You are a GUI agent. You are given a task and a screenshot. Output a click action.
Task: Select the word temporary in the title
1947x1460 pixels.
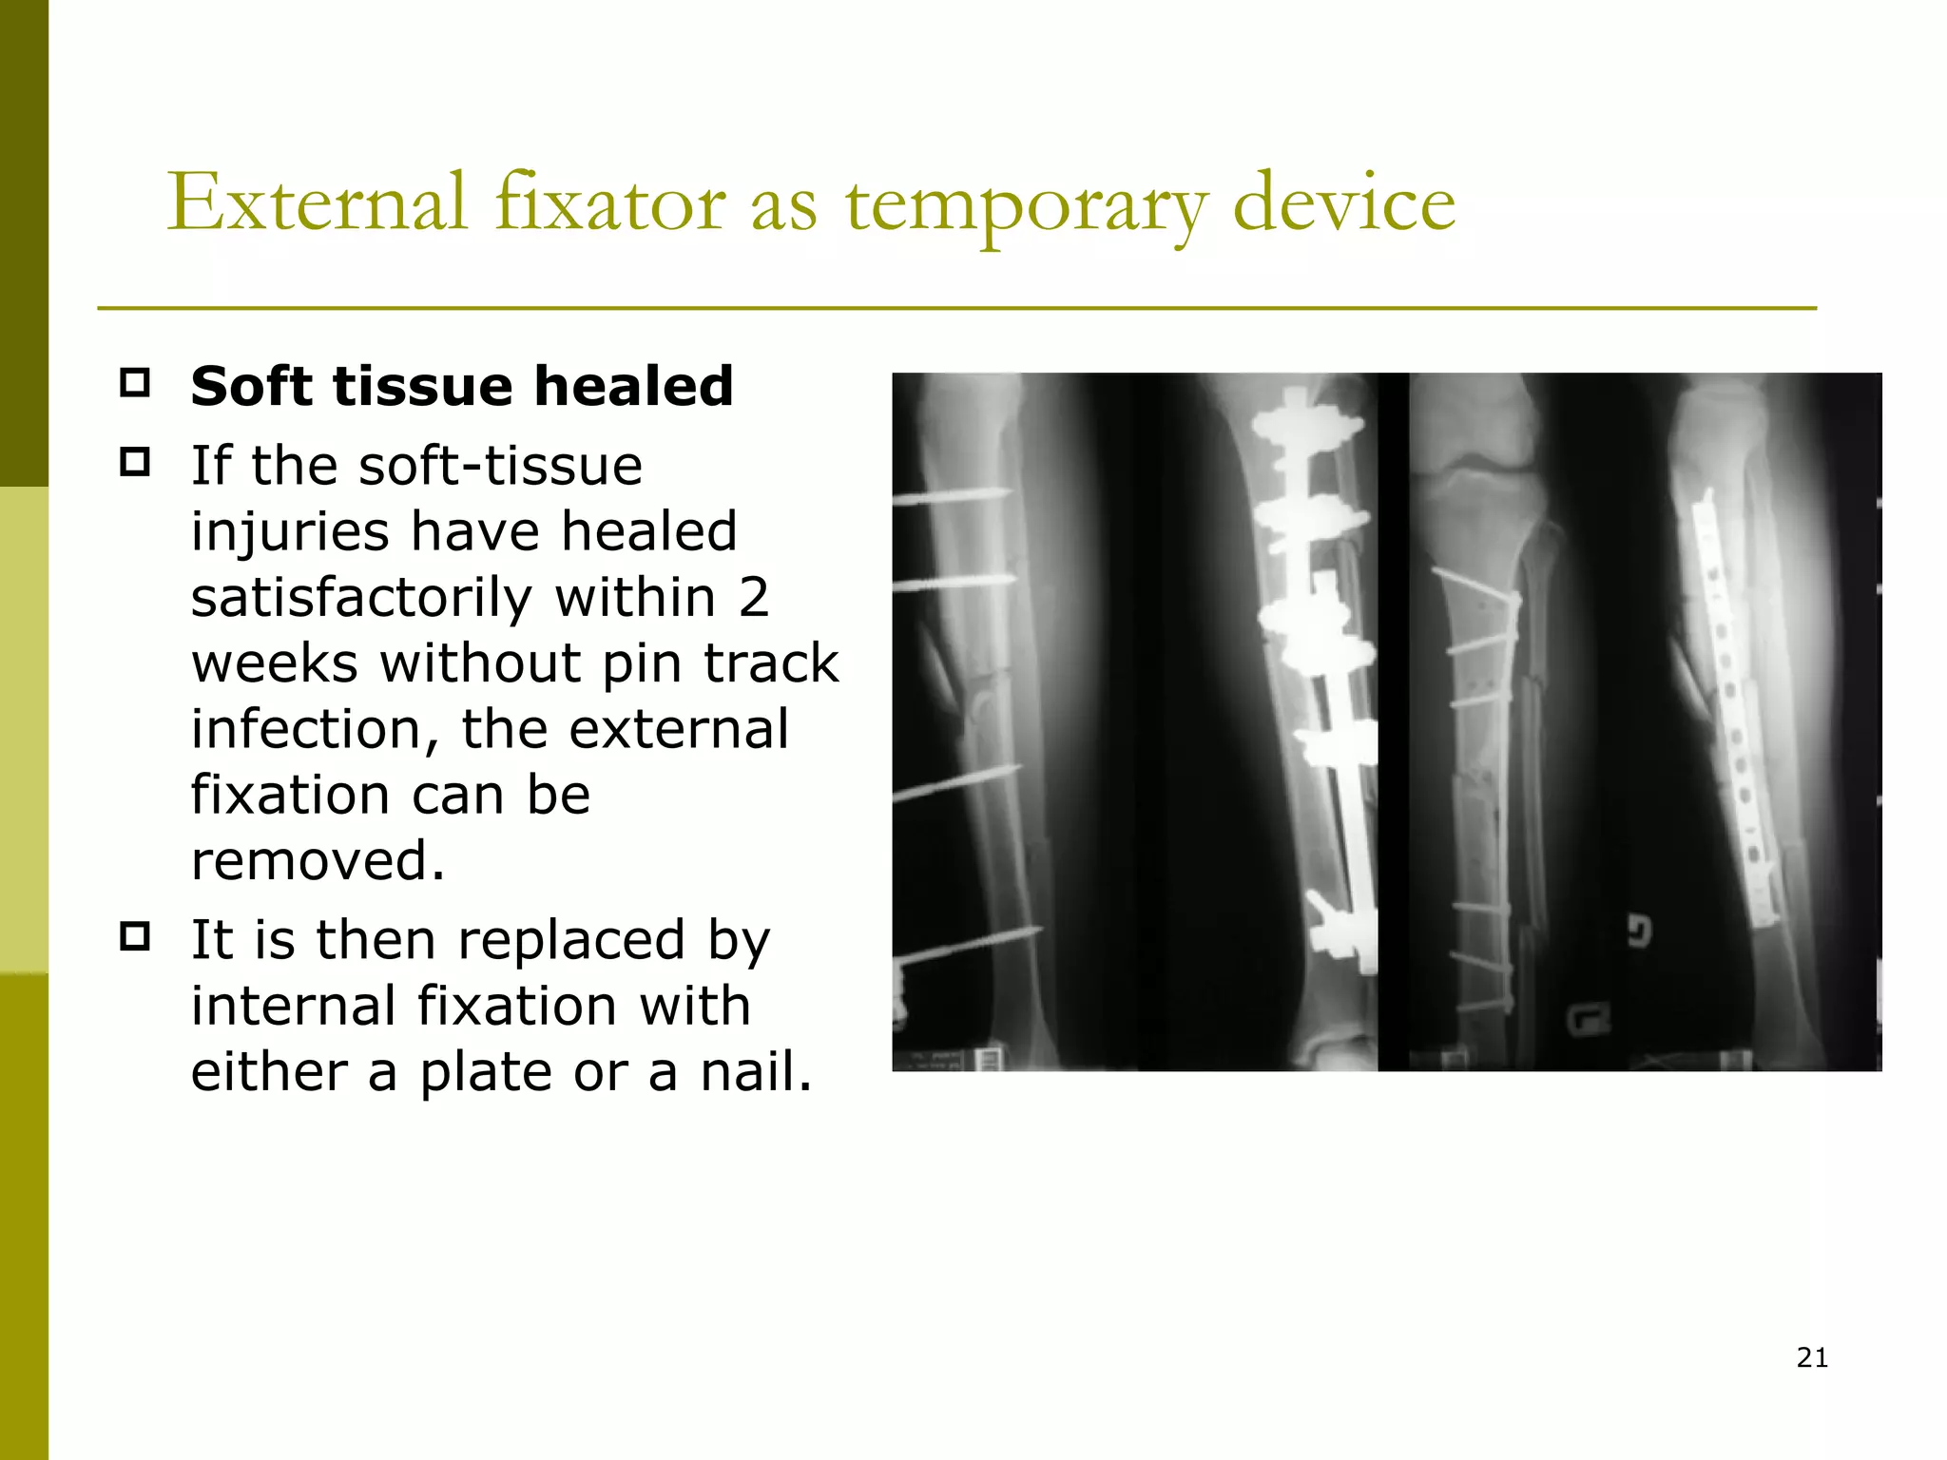pyautogui.click(x=1027, y=205)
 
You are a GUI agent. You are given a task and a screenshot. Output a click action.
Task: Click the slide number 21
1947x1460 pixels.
pyautogui.click(x=1812, y=1357)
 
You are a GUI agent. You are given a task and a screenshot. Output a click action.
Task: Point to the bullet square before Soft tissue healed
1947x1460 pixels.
pyautogui.click(x=135, y=383)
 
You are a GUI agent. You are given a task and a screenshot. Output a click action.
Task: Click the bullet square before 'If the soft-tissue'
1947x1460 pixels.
pyautogui.click(x=135, y=463)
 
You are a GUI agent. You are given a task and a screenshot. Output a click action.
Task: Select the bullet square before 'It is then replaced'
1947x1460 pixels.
pyautogui.click(x=135, y=937)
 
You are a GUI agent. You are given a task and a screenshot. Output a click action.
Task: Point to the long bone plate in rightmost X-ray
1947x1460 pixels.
pyautogui.click(x=1730, y=703)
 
